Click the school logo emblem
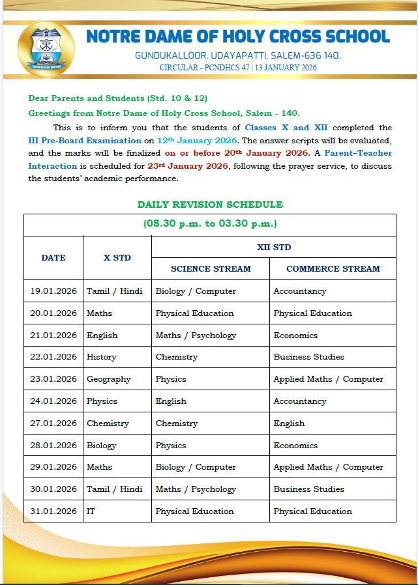coord(46,46)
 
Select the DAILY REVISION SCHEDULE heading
coord(210,205)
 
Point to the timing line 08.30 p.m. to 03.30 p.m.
coord(210,224)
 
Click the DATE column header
coord(53,257)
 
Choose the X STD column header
coord(117,257)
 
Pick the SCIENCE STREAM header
coord(211,268)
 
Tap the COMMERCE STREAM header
coord(333,268)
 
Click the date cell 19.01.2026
coord(53,291)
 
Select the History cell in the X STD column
coord(102,357)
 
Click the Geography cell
coord(109,379)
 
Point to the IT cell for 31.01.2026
coord(91,511)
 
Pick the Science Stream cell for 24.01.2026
coord(171,401)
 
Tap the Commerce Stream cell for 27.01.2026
coord(289,423)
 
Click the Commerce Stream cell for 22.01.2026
coord(308,357)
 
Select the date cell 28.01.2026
coord(53,446)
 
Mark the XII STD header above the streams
coord(274,247)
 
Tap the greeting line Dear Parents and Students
coord(117,98)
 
